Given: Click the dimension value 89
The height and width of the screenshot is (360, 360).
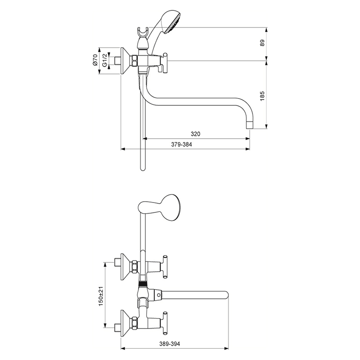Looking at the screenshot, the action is point(263,43).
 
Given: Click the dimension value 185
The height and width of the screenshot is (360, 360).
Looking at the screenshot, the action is point(263,96).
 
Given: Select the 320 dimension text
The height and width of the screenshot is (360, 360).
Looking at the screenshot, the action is point(195,134).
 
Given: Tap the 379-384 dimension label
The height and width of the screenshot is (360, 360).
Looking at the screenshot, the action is point(181,144).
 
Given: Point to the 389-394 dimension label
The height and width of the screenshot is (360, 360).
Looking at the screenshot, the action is point(170,344).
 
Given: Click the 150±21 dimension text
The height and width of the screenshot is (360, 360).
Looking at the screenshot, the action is point(101,296).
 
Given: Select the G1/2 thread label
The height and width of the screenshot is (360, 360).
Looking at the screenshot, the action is point(104,60).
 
